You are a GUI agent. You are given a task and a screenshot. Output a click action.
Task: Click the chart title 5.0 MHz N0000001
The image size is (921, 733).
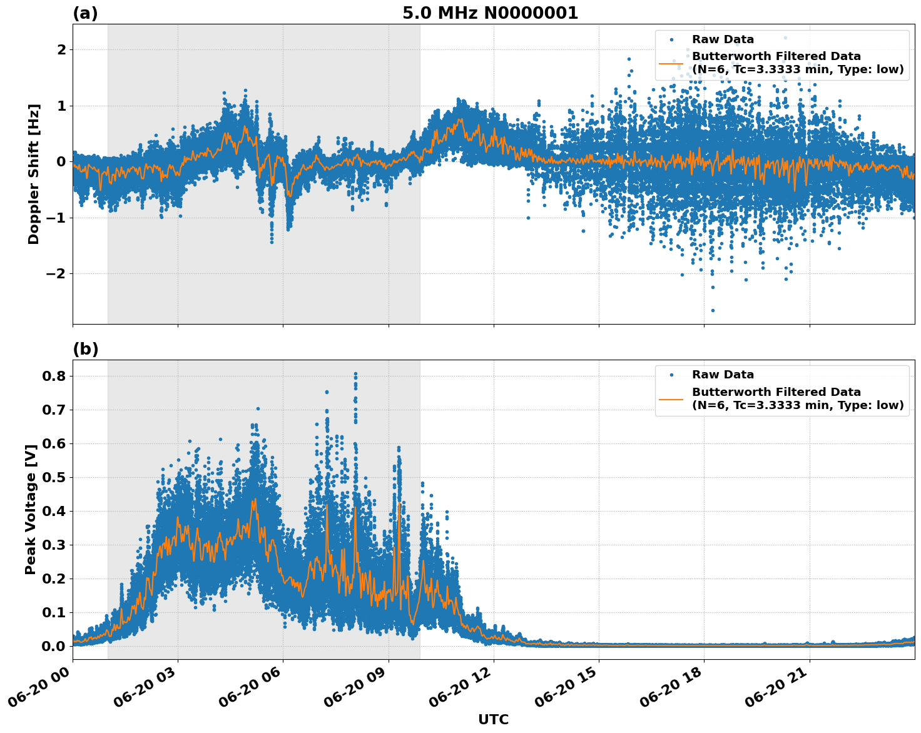point(490,13)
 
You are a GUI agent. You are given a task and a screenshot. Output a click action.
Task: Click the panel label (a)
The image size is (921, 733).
point(85,13)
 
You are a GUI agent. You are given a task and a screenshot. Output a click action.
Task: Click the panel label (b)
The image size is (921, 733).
point(85,349)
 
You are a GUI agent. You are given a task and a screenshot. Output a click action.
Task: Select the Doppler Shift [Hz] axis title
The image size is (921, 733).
point(34,174)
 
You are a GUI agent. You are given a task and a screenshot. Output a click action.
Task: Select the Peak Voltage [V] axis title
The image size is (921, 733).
point(30,509)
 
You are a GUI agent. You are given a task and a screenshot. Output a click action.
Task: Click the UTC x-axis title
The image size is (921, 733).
point(493,719)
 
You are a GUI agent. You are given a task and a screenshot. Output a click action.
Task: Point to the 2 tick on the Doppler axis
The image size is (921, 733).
point(61,49)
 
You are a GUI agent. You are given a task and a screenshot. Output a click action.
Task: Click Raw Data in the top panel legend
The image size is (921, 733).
point(723,39)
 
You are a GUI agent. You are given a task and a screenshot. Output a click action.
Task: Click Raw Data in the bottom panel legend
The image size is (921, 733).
point(723,375)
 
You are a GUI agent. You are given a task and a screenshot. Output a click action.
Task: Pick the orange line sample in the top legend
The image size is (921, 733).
point(671,63)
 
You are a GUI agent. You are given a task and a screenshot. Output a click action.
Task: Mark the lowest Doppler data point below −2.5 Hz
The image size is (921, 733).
point(712,310)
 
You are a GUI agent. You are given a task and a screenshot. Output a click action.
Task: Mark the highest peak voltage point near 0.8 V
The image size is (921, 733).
point(355,374)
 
